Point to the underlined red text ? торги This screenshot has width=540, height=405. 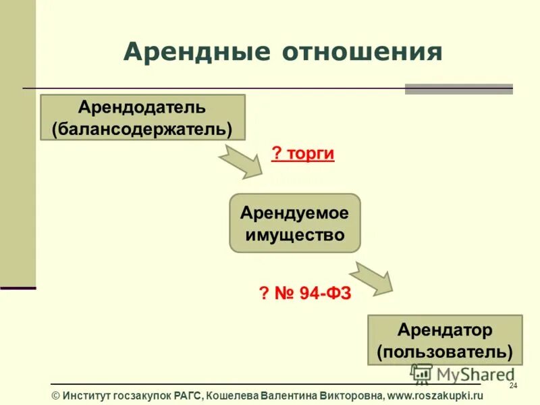click(303, 154)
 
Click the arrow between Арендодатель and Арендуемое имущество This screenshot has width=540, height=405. click(241, 163)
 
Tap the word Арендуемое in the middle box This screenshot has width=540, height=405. click(295, 213)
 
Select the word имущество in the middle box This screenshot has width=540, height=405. click(295, 235)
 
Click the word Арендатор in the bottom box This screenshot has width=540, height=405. click(445, 330)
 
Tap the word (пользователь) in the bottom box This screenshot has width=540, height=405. click(445, 352)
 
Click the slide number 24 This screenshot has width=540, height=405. click(512, 385)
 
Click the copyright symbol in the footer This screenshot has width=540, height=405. click(56, 396)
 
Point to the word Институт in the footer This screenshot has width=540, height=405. click(88, 396)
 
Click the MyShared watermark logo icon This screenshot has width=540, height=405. click(421, 373)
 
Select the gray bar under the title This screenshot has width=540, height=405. click(458, 88)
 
